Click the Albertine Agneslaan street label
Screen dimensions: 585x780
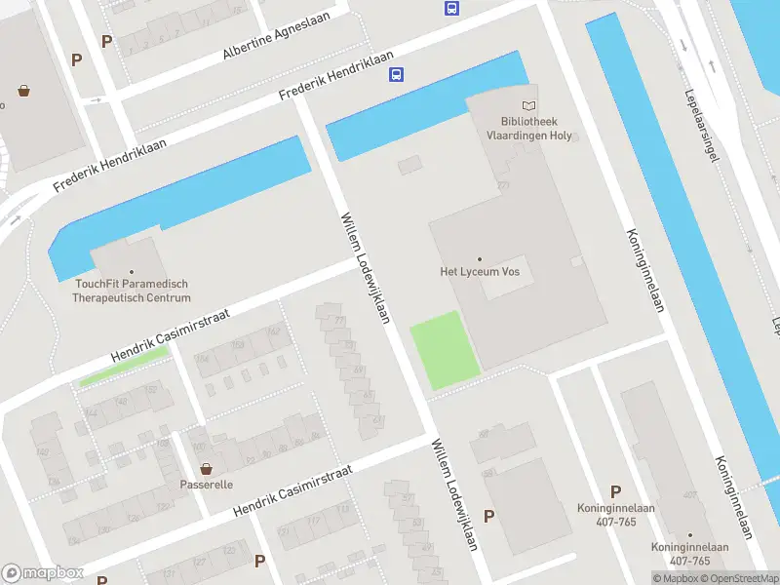[x=276, y=36]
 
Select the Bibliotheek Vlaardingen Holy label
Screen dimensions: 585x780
[x=529, y=129]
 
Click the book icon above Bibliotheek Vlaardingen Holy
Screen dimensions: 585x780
[x=529, y=105]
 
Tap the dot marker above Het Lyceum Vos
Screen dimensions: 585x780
[x=480, y=259]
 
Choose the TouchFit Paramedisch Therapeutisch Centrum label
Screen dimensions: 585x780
[x=132, y=291]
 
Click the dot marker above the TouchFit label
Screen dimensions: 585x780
[x=132, y=272]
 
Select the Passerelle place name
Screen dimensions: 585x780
[x=206, y=484]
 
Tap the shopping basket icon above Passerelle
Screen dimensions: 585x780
[x=206, y=468]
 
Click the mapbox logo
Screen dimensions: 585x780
[x=43, y=573]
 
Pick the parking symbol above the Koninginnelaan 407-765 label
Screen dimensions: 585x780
[x=615, y=491]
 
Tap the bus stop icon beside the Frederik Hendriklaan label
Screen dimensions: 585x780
[x=397, y=75]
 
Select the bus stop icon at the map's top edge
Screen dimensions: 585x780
[x=451, y=8]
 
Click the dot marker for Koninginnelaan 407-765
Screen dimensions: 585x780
[x=689, y=535]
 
